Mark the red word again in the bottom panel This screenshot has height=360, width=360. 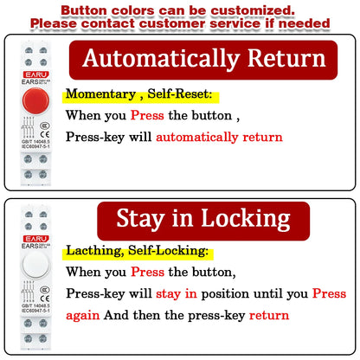tap(83, 315)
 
